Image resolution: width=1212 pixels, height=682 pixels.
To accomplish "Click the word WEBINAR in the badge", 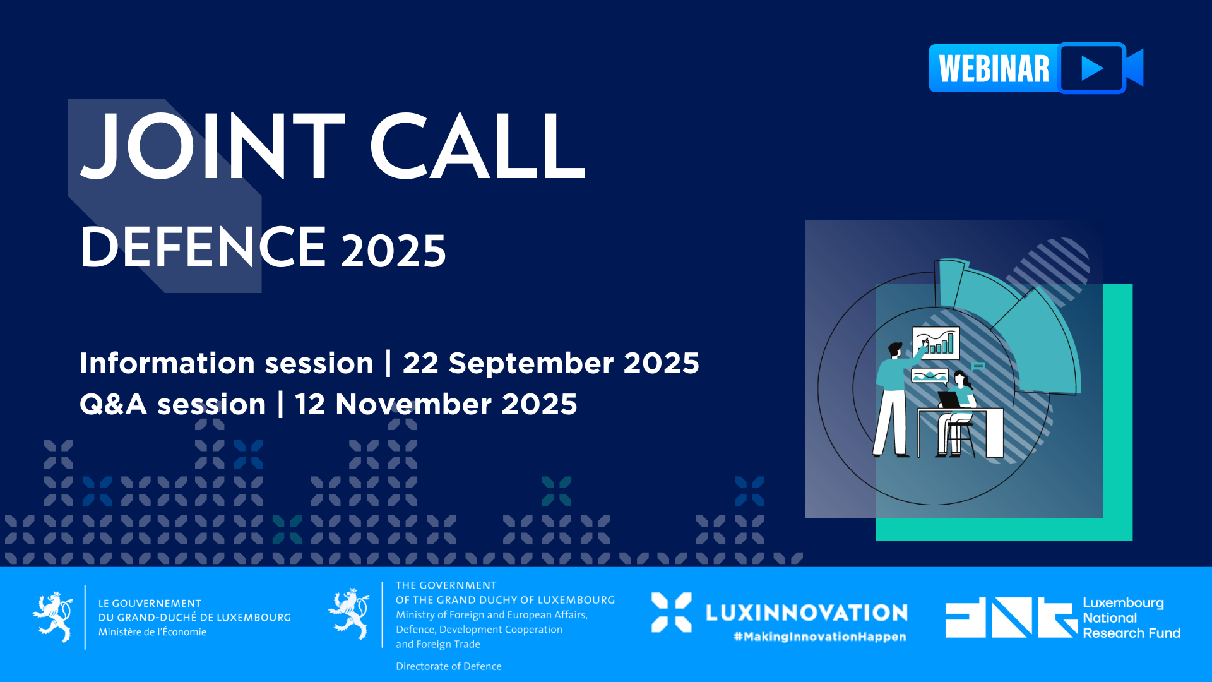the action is [x=994, y=69].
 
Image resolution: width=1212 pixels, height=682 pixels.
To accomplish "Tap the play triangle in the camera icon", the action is [x=1092, y=68].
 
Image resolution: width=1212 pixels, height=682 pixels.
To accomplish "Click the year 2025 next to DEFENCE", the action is [x=393, y=251].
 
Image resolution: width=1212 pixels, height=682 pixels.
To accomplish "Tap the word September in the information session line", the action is [x=531, y=364].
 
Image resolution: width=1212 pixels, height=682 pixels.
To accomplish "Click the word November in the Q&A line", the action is [x=413, y=404].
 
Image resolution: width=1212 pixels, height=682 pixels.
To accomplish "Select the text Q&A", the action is [x=114, y=404].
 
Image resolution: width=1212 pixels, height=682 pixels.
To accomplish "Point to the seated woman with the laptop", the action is [x=957, y=414].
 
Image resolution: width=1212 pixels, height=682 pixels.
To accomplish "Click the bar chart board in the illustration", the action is [x=936, y=343].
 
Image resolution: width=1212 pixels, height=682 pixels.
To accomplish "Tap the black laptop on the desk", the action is [x=949, y=400].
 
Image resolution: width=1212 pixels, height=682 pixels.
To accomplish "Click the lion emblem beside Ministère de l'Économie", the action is [x=53, y=617].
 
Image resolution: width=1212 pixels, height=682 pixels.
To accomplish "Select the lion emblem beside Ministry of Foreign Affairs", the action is [x=349, y=614].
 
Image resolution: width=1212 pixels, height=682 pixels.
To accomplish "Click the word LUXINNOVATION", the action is [x=807, y=613].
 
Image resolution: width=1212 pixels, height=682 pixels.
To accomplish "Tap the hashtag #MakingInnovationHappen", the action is [x=820, y=637].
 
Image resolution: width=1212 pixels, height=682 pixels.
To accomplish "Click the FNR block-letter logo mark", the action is [x=1011, y=617].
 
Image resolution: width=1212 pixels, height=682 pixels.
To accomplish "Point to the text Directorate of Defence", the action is [x=449, y=666].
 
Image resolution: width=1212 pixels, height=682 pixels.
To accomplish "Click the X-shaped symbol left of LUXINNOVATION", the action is [x=671, y=613].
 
